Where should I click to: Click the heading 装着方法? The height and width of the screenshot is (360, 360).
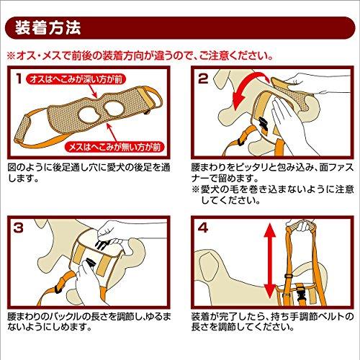pos(51,30)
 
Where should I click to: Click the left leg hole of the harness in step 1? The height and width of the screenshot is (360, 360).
pos(86,112)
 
